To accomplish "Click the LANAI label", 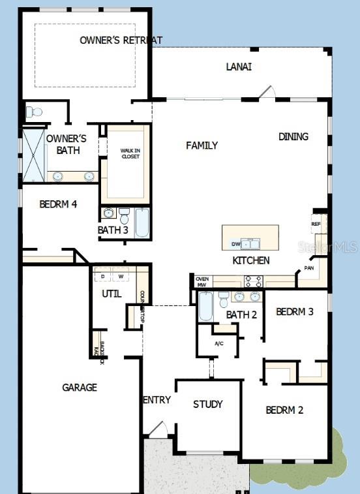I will (239, 67).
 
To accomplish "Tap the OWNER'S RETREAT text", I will (121, 40).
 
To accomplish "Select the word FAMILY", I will (202, 146).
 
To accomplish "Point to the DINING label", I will (293, 137).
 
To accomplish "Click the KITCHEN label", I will (251, 260).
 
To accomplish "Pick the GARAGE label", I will (80, 388).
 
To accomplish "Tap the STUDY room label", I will (207, 405).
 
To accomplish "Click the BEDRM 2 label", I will (284, 410).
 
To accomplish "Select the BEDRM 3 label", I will (295, 312).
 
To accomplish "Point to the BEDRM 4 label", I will (58, 204).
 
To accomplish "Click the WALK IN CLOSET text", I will (130, 153).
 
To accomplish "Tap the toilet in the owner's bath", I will (35, 112).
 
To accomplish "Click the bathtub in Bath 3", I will (142, 223).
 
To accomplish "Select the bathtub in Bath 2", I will (205, 306).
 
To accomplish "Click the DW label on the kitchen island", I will (235, 245).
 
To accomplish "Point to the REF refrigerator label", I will (316, 224).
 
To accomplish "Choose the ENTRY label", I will (157, 400).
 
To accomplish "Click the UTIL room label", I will (112, 294).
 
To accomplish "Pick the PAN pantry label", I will (309, 268).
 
